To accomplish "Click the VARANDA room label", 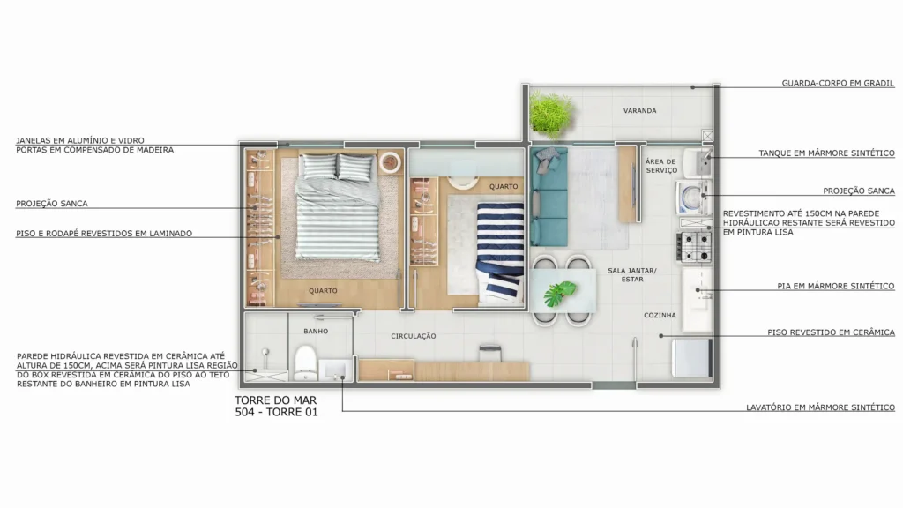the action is (x=639, y=110).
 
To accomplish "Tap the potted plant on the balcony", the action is (x=551, y=115).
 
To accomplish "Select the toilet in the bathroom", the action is (x=305, y=362).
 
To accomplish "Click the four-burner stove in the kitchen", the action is (x=694, y=246).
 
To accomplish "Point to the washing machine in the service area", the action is (x=693, y=198).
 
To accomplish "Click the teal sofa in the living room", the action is (x=549, y=197).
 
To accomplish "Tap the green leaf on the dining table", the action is (x=559, y=293).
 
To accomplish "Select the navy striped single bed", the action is (x=500, y=252).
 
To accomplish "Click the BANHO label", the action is (x=316, y=332).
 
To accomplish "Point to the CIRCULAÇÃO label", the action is (x=414, y=336).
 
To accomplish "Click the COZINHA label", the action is (x=660, y=315).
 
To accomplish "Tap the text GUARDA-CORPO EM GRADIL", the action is (x=838, y=83).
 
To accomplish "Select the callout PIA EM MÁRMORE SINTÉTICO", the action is (x=836, y=286).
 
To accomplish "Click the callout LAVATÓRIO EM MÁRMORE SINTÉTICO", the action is (x=821, y=407).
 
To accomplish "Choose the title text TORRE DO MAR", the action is (x=275, y=400).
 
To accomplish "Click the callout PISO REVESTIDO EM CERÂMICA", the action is (x=831, y=332).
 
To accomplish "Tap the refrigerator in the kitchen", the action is (x=692, y=358).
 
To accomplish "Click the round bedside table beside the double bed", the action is (x=391, y=162).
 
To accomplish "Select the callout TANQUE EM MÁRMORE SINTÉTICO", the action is (x=826, y=153).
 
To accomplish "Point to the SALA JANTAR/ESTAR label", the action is (x=631, y=275).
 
